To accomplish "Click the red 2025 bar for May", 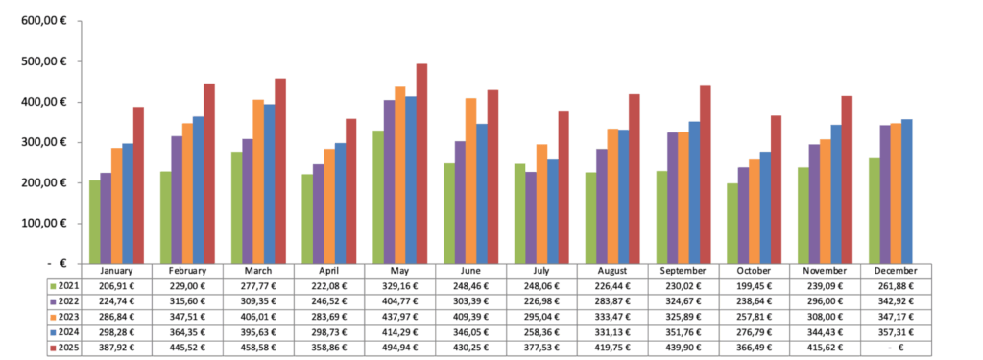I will click(421, 163).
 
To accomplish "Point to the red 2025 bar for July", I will click(564, 187).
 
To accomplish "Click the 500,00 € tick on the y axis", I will click(44, 61).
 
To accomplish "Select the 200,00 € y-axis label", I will click(44, 182).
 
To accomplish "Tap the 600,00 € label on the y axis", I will click(44, 21).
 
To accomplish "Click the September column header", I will click(683, 272).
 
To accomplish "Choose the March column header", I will click(258, 272).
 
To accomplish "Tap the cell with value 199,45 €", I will click(755, 285).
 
